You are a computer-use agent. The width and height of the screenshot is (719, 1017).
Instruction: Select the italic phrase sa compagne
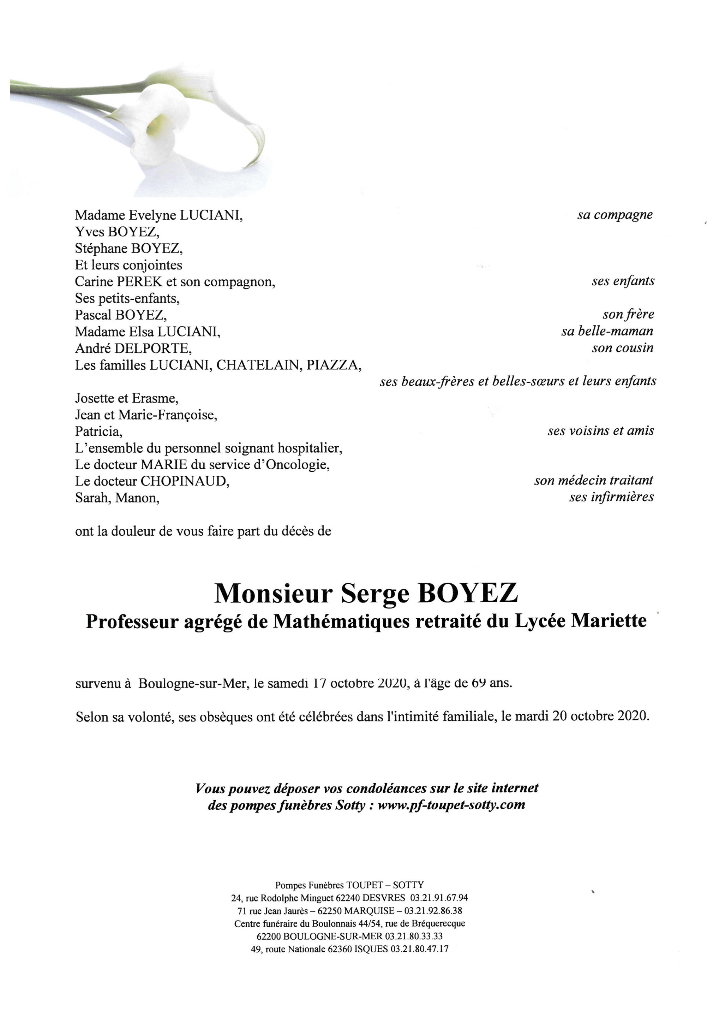coord(615,215)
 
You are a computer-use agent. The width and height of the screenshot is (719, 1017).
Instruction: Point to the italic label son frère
coord(628,315)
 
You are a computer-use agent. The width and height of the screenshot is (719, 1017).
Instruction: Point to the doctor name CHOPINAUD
coord(185,481)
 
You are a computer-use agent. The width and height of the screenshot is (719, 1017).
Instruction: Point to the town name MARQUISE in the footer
coord(369,911)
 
